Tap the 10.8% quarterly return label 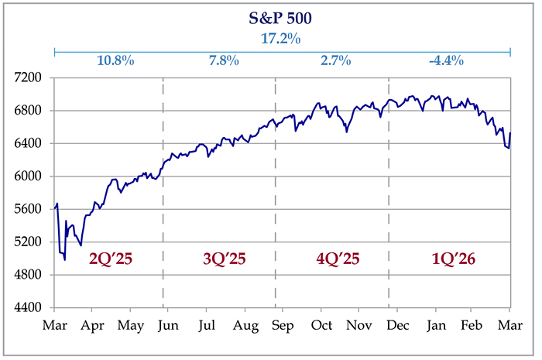coord(112,60)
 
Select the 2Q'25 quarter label coord(111,259)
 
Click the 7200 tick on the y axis coord(34,78)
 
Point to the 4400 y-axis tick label coord(34,308)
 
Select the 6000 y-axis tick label coord(34,177)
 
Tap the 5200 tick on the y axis coord(34,242)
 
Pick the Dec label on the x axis coord(396,326)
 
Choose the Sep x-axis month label coord(283,326)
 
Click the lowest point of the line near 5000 coord(65,259)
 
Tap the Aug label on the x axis coord(245,326)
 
